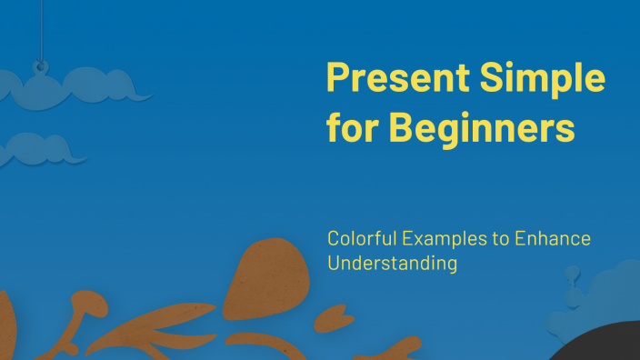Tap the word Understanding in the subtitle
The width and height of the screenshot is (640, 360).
click(x=392, y=265)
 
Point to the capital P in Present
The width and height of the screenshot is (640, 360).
click(x=336, y=79)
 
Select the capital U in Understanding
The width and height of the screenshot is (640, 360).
click(x=334, y=265)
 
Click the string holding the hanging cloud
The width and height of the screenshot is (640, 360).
click(x=39, y=27)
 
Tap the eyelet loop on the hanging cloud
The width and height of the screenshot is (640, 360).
click(x=39, y=65)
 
